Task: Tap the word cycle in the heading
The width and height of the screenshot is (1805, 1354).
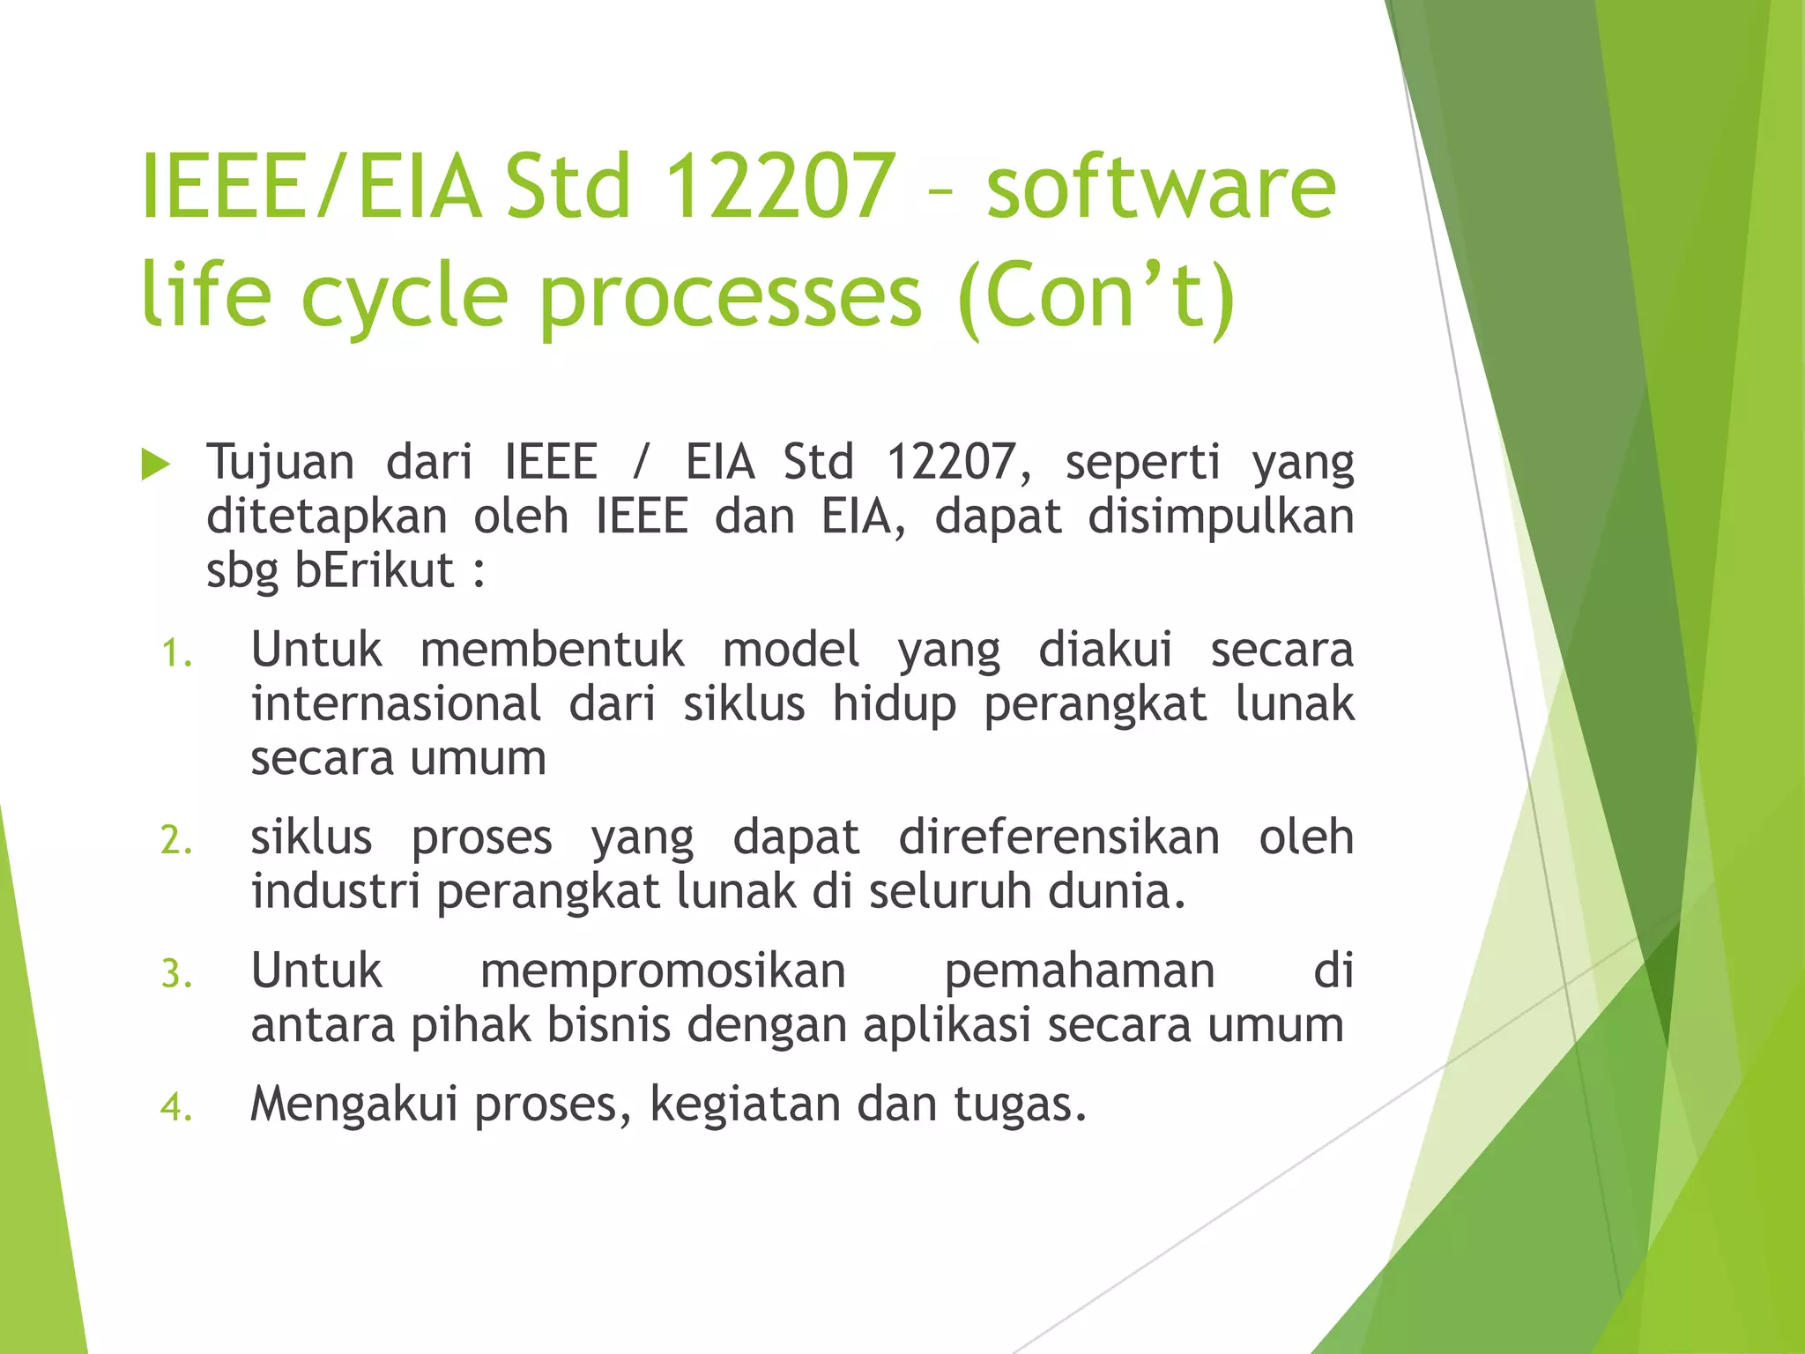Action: pyautogui.click(x=405, y=296)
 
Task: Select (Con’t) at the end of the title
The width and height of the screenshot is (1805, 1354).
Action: pyautogui.click(x=1097, y=296)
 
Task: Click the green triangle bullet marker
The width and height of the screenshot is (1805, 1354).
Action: pyautogui.click(x=155, y=465)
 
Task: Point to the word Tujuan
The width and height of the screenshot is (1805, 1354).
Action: pyautogui.click(x=280, y=463)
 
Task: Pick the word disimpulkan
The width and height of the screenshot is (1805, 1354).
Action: pyautogui.click(x=1221, y=517)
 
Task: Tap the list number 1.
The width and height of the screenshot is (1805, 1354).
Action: pyautogui.click(x=175, y=654)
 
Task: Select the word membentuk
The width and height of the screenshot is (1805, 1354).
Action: pyautogui.click(x=552, y=651)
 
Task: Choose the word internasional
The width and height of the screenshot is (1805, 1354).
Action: pyautogui.click(x=396, y=704)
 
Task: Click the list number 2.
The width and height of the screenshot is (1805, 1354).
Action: pyautogui.click(x=175, y=840)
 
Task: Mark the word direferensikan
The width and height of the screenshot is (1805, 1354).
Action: pyautogui.click(x=1058, y=837)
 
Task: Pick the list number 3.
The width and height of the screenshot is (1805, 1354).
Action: pyautogui.click(x=175, y=975)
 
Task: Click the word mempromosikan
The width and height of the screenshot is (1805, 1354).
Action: pyautogui.click(x=663, y=972)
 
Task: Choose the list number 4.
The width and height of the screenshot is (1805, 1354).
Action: pyautogui.click(x=175, y=1107)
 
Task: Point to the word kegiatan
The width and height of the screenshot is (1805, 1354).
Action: pyautogui.click(x=745, y=1105)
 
